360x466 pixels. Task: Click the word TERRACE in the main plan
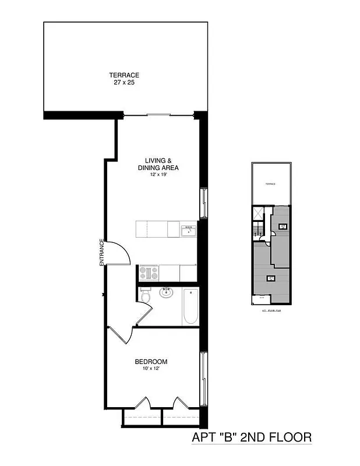pos(123,75)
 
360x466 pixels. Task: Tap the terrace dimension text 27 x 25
pos(123,83)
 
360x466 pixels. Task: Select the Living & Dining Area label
pos(158,164)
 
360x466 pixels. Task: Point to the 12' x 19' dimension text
pos(158,175)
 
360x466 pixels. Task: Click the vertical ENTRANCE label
pos(101,253)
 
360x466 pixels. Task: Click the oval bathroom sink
pos(166,292)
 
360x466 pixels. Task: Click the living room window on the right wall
pos(202,203)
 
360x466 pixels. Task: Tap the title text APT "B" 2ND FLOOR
pos(251,437)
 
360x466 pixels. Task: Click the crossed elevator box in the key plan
pos(258,214)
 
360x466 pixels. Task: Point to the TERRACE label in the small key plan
pos(270,183)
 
